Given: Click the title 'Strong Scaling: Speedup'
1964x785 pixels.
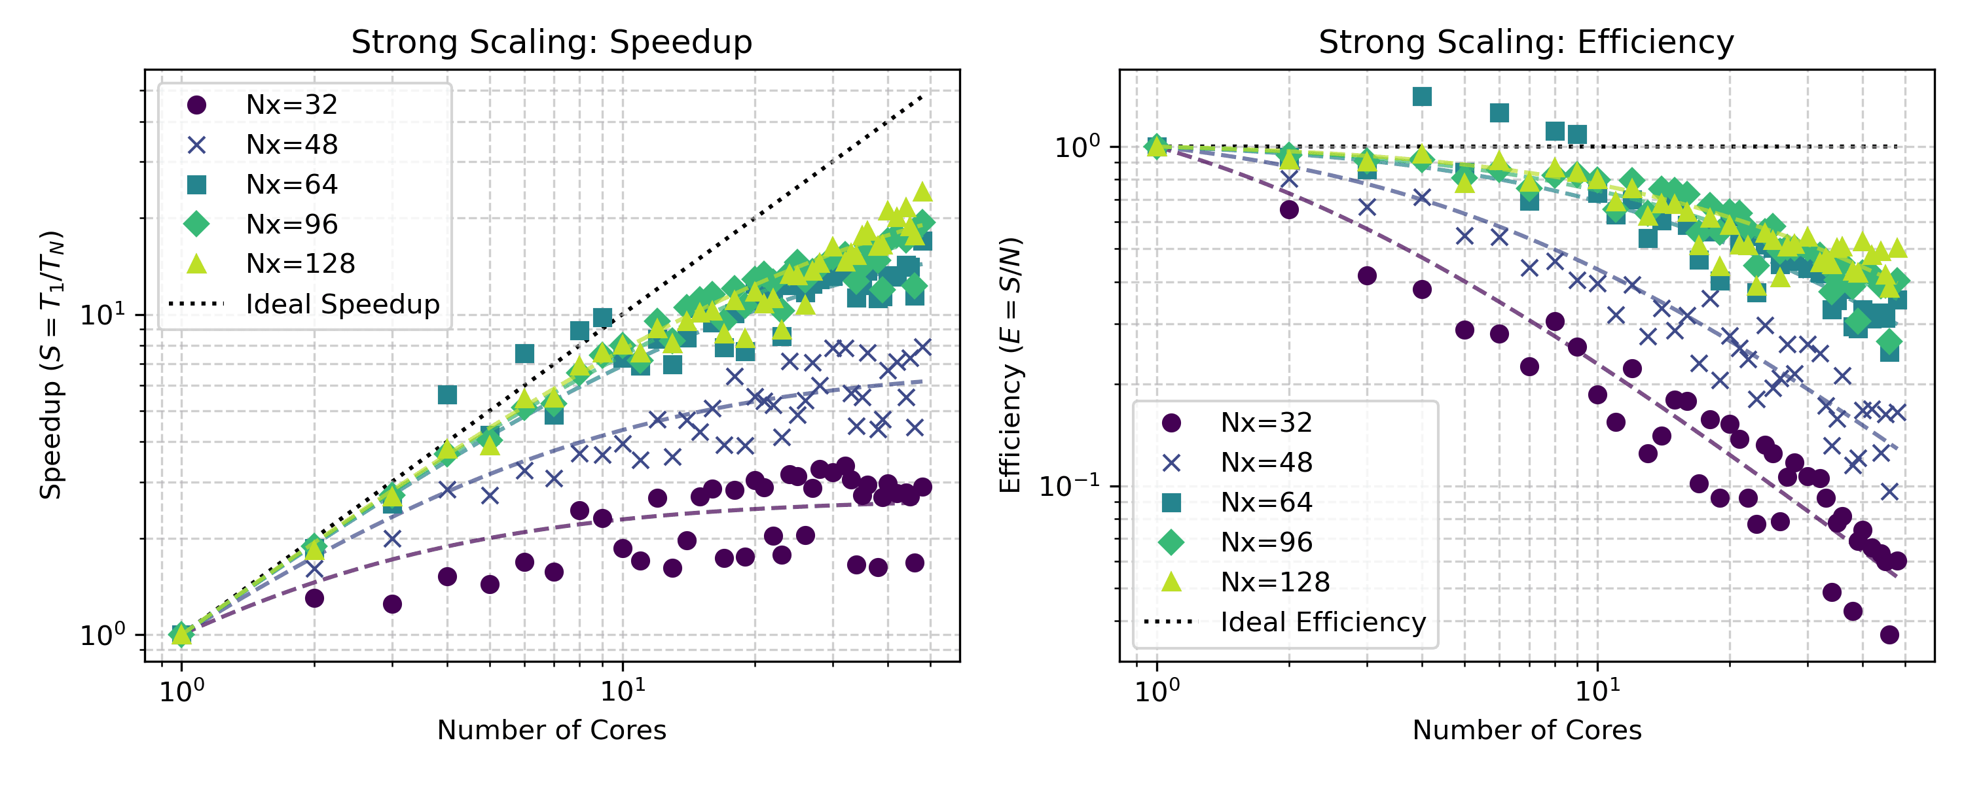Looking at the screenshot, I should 551,42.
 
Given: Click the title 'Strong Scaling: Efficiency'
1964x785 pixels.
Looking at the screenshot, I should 1525,42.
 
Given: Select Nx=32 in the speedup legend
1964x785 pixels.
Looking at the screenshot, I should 291,105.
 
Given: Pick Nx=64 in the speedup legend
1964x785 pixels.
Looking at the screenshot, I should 291,184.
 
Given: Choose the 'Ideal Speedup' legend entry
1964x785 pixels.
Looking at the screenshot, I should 342,304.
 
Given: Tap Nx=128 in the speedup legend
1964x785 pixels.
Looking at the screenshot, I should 300,264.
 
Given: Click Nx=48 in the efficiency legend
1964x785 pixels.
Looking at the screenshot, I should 1266,462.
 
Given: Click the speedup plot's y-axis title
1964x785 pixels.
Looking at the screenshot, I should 51,365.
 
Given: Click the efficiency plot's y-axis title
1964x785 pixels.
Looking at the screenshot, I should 1009,365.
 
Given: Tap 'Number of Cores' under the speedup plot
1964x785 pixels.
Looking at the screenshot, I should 551,730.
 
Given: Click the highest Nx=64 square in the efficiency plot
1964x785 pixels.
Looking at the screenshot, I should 1422,96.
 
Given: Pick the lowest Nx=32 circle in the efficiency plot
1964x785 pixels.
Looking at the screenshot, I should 1889,635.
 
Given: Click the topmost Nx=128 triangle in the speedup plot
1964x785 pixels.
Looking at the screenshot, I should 922,192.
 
